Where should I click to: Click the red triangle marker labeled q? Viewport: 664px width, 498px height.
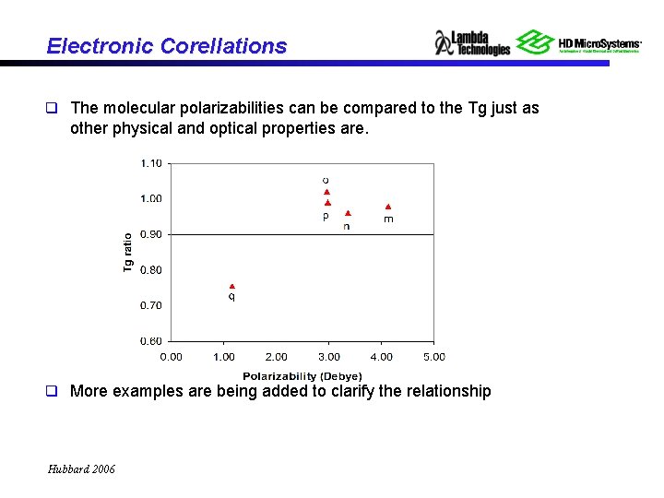(232, 287)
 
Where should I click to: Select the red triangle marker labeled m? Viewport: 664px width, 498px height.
(388, 207)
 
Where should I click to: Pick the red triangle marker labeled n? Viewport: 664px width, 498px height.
(348, 213)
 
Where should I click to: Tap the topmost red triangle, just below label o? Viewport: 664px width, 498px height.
(326, 192)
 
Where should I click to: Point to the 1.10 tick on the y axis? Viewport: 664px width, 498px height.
(151, 163)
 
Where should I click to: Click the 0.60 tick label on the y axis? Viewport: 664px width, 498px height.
(151, 341)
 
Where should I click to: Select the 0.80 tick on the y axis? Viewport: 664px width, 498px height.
(151, 270)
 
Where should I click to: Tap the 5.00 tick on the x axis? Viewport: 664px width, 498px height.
(433, 357)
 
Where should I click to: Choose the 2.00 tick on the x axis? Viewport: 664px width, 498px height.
(276, 357)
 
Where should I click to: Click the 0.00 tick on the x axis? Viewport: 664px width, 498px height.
(172, 357)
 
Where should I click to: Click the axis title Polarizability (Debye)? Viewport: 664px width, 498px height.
(302, 375)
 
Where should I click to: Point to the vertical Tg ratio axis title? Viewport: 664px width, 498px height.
(128, 252)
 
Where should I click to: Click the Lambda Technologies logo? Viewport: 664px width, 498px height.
(472, 42)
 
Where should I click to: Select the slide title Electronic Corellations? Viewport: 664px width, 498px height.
(166, 46)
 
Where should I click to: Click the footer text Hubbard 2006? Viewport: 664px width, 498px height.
(81, 469)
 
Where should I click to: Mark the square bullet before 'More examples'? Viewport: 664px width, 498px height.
(53, 391)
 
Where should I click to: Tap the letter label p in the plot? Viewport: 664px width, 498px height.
(326, 218)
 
